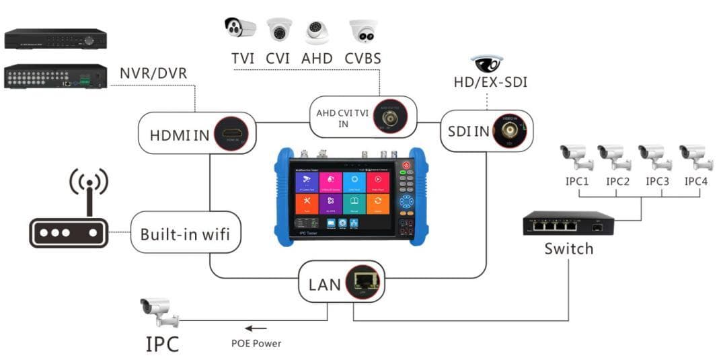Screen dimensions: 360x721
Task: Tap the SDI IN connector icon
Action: click(509, 130)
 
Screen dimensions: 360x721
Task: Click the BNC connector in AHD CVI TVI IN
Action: click(388, 118)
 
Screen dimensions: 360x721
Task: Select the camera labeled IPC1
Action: click(576, 157)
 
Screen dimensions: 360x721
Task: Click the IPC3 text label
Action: click(657, 181)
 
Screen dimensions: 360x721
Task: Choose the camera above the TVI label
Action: click(240, 28)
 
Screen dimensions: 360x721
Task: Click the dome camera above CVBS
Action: click(363, 31)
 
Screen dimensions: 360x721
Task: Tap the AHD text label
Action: click(317, 58)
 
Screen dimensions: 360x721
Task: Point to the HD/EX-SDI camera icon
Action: click(488, 65)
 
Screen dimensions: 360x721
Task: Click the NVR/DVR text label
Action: click(153, 73)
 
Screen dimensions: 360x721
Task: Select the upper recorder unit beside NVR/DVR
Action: click(55, 38)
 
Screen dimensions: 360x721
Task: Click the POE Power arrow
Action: click(255, 328)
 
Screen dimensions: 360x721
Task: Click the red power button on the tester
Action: click(407, 166)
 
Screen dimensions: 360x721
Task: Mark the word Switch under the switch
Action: click(569, 248)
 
